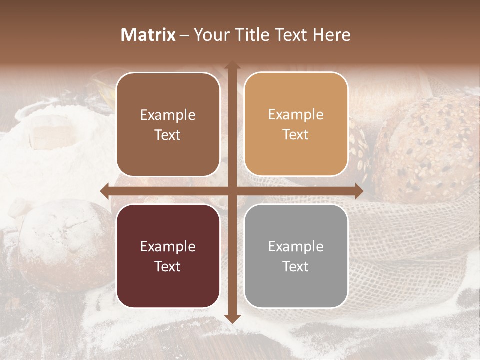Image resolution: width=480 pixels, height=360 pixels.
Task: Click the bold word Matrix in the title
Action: pos(148,35)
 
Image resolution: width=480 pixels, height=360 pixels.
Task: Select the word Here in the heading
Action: pos(332,35)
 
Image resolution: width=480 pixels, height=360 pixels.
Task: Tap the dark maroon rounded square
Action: pos(168,256)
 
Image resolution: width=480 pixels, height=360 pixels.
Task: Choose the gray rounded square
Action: pos(296,256)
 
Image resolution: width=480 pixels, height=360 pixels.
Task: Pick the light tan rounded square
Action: pos(296,124)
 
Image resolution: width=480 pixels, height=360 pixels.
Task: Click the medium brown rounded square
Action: pos(168,124)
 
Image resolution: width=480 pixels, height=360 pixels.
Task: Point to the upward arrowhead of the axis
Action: pos(232,65)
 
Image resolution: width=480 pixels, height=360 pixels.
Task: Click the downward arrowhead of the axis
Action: pos(232,318)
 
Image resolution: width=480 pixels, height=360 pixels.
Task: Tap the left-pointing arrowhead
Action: pos(105,191)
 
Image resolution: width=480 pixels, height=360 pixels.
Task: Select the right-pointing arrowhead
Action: pos(358,191)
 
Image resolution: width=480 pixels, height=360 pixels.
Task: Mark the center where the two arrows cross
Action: pos(232,191)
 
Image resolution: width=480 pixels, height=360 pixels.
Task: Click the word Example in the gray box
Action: pos(296,246)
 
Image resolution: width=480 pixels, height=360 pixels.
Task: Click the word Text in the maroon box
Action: pos(168,266)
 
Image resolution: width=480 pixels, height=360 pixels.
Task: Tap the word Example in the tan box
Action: pos(296,114)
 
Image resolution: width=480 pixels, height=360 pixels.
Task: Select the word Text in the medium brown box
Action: pos(168,135)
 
